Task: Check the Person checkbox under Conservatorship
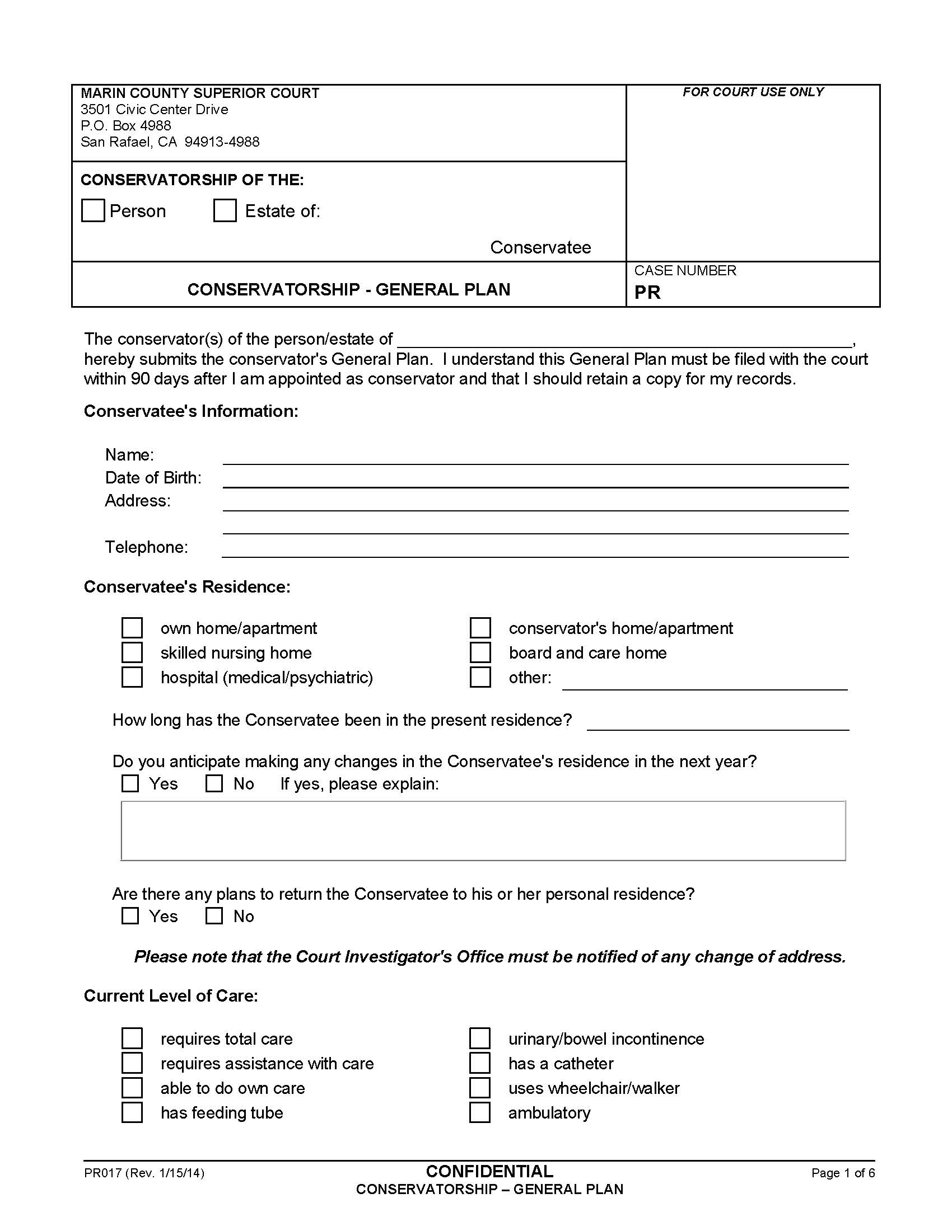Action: (x=93, y=210)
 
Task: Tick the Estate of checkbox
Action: (x=225, y=210)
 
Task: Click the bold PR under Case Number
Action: (x=647, y=292)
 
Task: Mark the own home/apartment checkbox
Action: (x=132, y=628)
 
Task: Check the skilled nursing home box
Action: (x=132, y=652)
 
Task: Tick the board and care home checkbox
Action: (x=480, y=652)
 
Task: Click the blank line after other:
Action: (x=704, y=681)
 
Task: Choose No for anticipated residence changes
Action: (x=214, y=783)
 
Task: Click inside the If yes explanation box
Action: (x=483, y=831)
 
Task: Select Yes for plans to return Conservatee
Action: (x=130, y=916)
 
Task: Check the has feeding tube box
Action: (x=132, y=1112)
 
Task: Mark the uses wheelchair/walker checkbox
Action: (x=480, y=1088)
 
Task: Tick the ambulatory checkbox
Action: (x=480, y=1112)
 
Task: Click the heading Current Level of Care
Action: (x=170, y=996)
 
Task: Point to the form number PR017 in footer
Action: (x=102, y=1173)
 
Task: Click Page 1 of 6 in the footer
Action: (x=843, y=1173)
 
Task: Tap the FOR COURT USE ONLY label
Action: (x=752, y=92)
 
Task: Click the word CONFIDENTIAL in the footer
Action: (x=489, y=1171)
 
